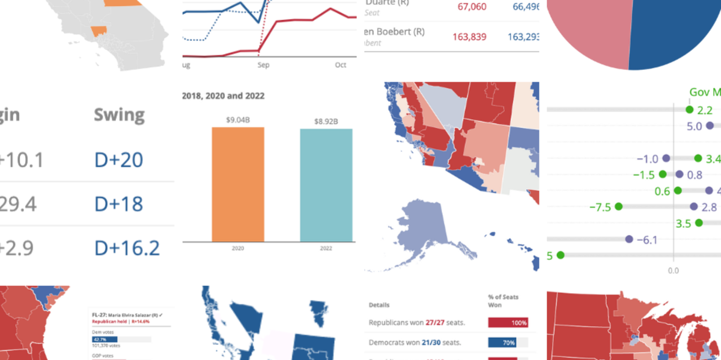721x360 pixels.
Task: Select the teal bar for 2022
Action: (326, 185)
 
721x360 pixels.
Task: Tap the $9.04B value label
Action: (238, 120)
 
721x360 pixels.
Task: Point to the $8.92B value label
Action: (326, 121)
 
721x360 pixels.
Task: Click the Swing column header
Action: (119, 115)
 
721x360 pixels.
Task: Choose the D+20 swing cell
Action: (118, 160)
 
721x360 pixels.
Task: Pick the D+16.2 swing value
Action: (127, 248)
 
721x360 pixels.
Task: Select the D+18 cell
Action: (118, 204)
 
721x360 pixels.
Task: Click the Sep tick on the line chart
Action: (263, 65)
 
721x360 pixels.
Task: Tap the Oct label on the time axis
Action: (341, 65)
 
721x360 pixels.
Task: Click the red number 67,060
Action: (472, 7)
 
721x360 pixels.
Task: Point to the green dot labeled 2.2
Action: (689, 110)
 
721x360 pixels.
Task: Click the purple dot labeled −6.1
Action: (629, 239)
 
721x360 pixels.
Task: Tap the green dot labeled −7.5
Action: (618, 206)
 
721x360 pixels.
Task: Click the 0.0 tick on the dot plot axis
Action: (673, 271)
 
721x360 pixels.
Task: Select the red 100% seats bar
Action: (508, 323)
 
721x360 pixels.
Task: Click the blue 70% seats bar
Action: (502, 343)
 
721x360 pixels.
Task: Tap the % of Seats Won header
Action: (503, 301)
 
